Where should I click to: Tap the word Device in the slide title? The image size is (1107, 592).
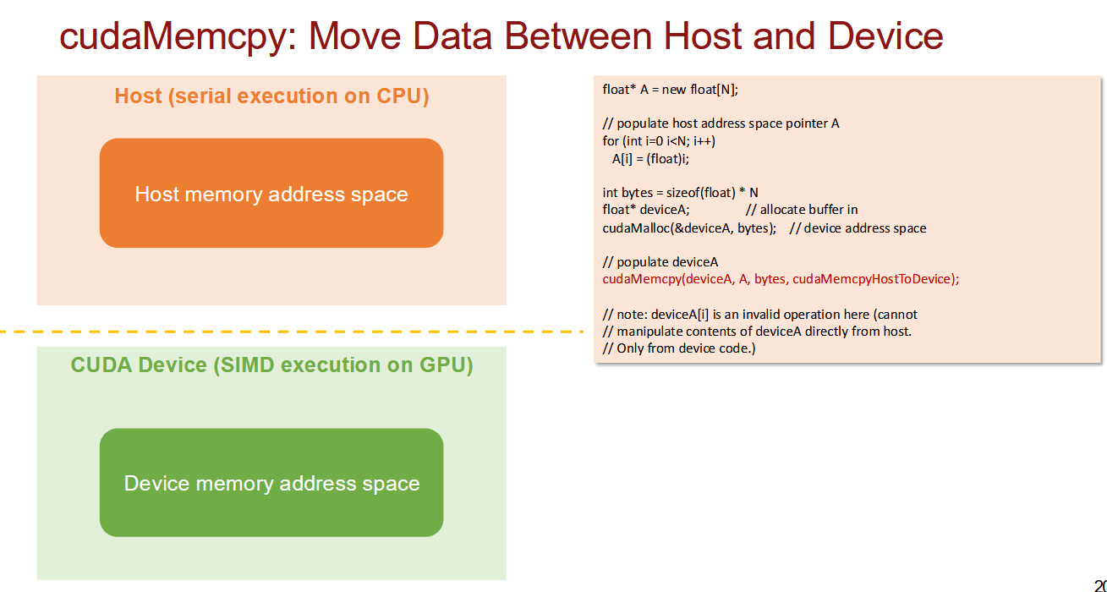point(885,36)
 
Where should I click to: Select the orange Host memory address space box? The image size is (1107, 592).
point(271,193)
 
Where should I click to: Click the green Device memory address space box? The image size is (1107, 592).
point(271,483)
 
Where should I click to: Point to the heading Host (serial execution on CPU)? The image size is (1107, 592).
point(271,96)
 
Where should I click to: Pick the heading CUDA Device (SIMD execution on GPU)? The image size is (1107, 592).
point(271,365)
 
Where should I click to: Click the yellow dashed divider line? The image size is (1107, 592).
point(292,332)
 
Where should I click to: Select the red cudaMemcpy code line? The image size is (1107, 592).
point(781,279)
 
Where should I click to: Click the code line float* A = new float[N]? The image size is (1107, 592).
point(670,90)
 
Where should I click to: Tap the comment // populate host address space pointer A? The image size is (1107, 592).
point(721,123)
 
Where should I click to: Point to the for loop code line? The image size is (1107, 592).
point(659,141)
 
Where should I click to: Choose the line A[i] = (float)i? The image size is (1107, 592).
point(650,159)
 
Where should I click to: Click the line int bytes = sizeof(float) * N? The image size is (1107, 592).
point(680,192)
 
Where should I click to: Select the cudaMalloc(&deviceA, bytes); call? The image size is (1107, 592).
point(689,228)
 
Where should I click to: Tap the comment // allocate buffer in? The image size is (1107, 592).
point(802,210)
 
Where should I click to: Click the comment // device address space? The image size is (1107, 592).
point(858,228)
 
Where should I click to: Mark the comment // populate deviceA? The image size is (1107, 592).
point(660,262)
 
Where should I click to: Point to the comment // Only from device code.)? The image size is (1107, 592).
point(679,348)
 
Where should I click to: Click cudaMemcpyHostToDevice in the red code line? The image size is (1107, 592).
point(871,279)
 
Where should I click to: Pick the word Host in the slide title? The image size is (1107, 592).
point(702,36)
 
